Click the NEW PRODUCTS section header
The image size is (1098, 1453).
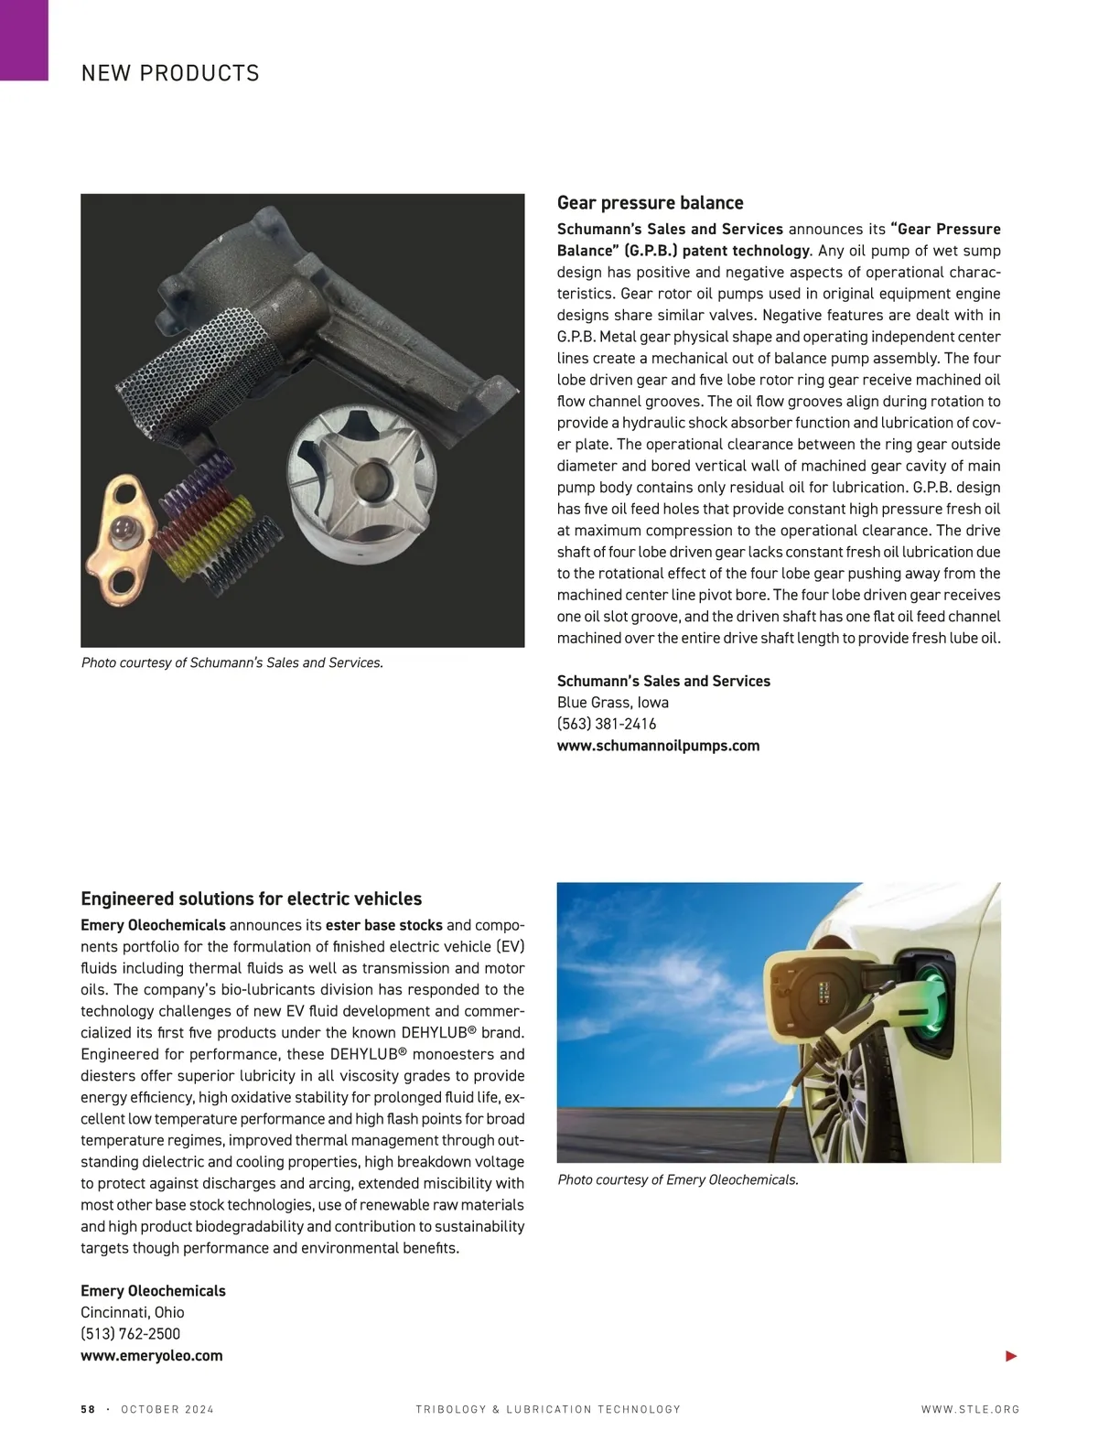coord(170,73)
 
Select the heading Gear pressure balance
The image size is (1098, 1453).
coord(650,203)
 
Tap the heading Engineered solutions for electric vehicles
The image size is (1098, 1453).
coord(251,899)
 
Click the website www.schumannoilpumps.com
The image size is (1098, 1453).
coord(658,746)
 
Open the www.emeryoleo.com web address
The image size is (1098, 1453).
coord(152,1356)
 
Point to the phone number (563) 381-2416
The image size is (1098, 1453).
coord(607,724)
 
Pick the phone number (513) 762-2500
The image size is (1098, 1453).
coord(131,1334)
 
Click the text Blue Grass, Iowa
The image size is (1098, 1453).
coord(613,703)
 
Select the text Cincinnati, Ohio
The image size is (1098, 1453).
coord(133,1312)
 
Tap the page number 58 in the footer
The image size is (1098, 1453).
coord(88,1410)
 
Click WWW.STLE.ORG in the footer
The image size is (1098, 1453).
coord(970,1410)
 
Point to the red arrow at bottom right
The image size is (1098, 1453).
coord(1011,1356)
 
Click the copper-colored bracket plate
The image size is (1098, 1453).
coord(124,531)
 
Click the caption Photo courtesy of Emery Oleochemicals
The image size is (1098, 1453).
coord(678,1180)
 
